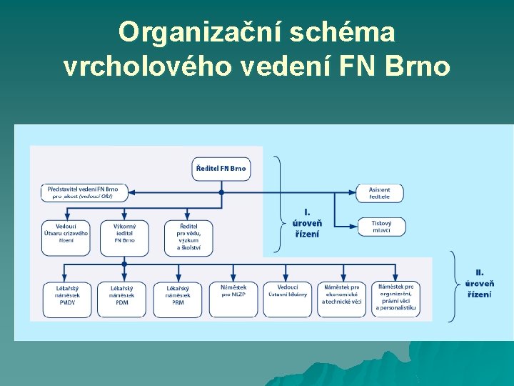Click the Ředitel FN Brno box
click(221, 169)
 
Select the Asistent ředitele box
click(379, 193)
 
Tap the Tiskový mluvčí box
click(381, 227)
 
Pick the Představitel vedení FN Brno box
click(84, 192)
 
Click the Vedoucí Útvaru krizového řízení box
click(66, 237)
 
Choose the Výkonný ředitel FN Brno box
click(124, 237)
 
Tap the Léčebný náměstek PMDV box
click(67, 298)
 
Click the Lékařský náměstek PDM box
click(122, 298)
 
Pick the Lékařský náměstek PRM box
click(178, 298)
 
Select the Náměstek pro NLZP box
click(233, 298)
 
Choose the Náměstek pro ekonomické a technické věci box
click(342, 298)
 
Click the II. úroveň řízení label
click(479, 284)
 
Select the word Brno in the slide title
click(417, 66)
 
